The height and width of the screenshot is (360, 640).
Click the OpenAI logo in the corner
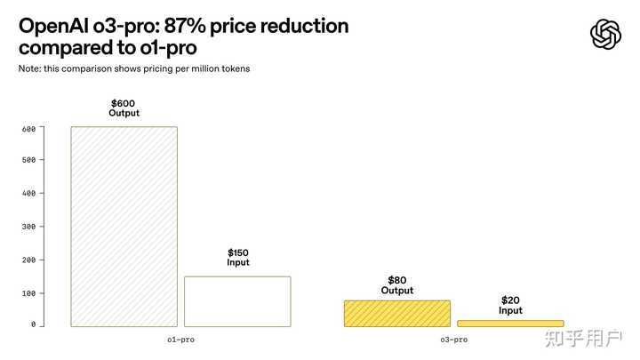pyautogui.click(x=605, y=35)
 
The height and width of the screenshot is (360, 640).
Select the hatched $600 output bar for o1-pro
pyautogui.click(x=124, y=227)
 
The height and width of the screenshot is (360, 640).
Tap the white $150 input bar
pyautogui.click(x=237, y=301)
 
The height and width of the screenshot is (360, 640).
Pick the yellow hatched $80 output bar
pyautogui.click(x=397, y=314)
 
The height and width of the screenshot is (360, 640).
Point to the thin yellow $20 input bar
pyautogui.click(x=510, y=324)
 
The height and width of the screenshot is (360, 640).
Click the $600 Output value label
pyautogui.click(x=124, y=108)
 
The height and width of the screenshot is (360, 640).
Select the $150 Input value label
pyautogui.click(x=238, y=258)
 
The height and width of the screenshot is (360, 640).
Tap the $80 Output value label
pyautogui.click(x=397, y=285)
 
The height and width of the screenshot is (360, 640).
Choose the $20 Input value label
pyautogui.click(x=510, y=305)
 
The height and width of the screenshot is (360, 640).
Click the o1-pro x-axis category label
pyautogui.click(x=180, y=340)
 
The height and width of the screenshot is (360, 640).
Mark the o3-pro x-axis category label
pyautogui.click(x=454, y=340)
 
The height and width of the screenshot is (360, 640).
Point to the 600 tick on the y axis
pyautogui.click(x=29, y=129)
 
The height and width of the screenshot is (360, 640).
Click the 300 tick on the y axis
pyautogui.click(x=29, y=227)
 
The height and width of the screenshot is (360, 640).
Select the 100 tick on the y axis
pyautogui.click(x=29, y=293)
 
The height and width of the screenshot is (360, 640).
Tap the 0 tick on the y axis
pyautogui.click(x=34, y=324)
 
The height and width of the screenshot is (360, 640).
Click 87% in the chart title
pyautogui.click(x=185, y=26)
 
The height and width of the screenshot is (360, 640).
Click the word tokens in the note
pyautogui.click(x=236, y=68)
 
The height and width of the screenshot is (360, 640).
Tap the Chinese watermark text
pyautogui.click(x=583, y=339)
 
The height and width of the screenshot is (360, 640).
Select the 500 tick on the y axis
pyautogui.click(x=29, y=160)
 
